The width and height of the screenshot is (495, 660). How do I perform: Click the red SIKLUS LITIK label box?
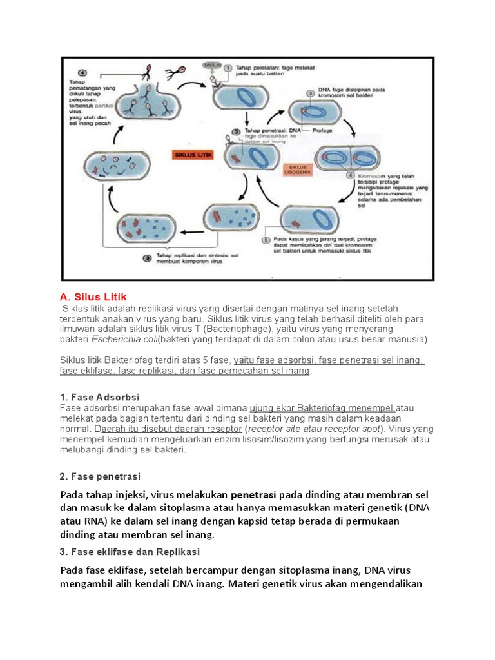point(194,155)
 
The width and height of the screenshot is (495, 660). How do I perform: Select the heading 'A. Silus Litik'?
point(93,297)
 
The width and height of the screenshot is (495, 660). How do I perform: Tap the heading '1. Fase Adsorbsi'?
point(99,397)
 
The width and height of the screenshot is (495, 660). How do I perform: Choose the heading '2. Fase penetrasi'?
point(100,476)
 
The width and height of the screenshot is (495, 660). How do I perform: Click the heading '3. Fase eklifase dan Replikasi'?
point(130,552)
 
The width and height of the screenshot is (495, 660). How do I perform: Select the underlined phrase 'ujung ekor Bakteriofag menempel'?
point(322,408)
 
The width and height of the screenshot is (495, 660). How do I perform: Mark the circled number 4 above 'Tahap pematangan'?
point(82,72)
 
